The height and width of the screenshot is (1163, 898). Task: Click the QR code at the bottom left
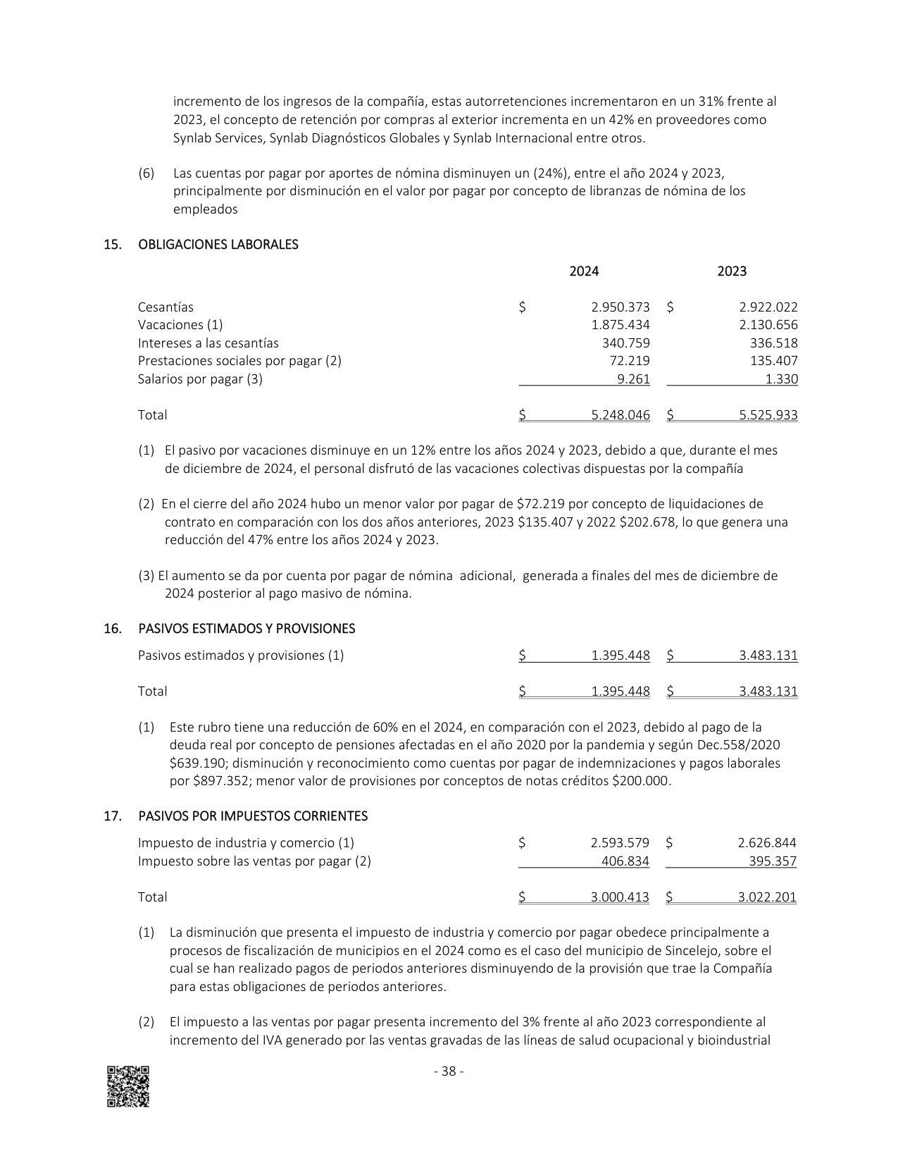128,1086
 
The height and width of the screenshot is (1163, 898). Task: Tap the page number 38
448,1071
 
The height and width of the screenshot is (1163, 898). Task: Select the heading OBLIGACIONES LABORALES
218,245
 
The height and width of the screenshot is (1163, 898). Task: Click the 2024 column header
584,271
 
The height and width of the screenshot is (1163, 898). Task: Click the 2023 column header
732,271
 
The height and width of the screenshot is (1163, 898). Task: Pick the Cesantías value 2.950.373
621,307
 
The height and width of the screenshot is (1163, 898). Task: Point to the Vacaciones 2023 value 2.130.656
768,325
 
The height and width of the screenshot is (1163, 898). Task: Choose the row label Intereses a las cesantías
208,343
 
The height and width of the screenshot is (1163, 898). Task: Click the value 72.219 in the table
632,361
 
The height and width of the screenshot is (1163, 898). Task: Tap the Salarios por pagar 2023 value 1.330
782,379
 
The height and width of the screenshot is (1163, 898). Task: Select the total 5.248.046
621,415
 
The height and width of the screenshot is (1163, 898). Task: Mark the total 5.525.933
768,415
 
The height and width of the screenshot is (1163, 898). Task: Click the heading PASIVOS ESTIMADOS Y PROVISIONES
247,629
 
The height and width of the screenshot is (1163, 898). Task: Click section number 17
112,816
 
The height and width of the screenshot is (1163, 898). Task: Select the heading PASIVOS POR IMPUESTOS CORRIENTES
253,816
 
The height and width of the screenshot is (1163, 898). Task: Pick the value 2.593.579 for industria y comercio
620,843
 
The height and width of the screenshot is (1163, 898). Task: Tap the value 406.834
625,861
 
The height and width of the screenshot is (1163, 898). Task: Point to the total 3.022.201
767,897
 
